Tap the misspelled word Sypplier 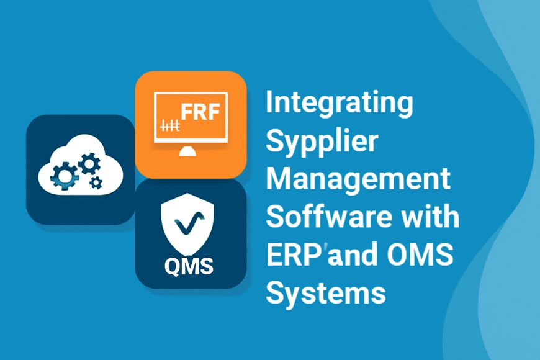pos(322,143)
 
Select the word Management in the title pos(358,180)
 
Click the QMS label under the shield pos(189,267)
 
